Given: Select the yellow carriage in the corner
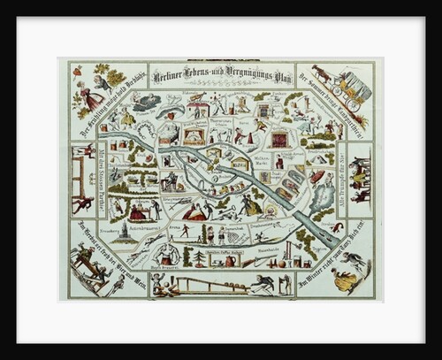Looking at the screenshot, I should pyautogui.click(x=350, y=87).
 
